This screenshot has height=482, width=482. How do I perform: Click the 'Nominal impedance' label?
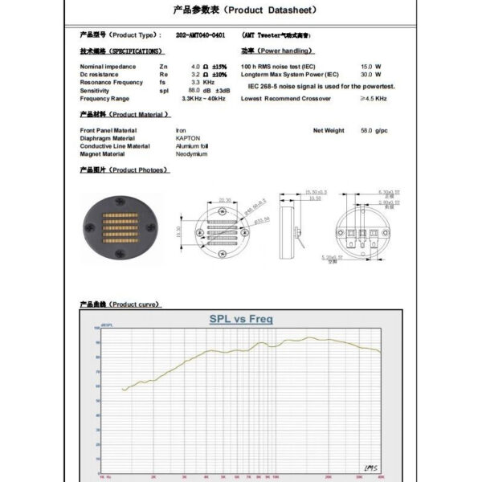coord(108,67)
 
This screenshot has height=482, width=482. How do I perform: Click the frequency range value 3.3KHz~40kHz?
coord(204,99)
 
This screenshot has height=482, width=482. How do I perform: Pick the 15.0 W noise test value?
coord(370,67)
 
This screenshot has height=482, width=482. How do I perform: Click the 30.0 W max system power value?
coord(370,75)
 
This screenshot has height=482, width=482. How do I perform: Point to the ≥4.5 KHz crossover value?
coord(374,99)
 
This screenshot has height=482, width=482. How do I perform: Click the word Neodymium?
coord(191,154)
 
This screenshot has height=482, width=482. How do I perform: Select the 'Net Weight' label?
coord(329,130)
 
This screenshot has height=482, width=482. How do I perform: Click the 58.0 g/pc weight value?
coord(374,130)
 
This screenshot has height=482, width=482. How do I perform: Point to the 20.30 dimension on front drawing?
coord(224,201)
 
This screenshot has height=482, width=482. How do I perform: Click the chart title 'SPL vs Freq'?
coord(241,319)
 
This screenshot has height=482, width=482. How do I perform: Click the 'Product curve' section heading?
coord(120,305)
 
